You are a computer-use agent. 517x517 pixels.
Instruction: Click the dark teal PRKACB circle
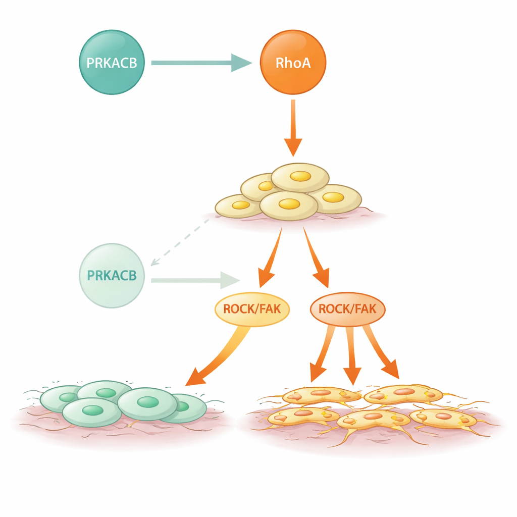click(x=112, y=63)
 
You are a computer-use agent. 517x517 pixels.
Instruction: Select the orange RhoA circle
click(x=293, y=63)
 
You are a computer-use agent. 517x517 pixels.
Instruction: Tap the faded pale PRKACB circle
click(x=112, y=276)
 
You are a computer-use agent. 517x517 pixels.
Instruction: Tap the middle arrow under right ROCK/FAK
click(x=352, y=356)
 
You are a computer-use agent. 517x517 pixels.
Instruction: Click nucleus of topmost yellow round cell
click(x=300, y=176)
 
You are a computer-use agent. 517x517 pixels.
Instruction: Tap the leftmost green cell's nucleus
click(x=68, y=397)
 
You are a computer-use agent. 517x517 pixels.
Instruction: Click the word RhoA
click(x=293, y=64)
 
